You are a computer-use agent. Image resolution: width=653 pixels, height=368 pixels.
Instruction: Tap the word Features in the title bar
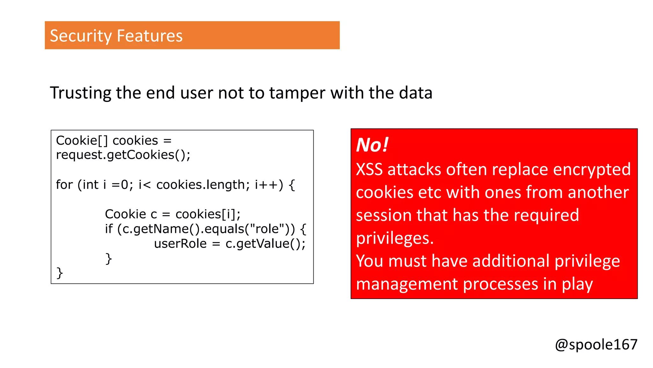coord(150,36)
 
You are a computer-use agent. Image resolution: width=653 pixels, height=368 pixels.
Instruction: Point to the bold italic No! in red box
coord(372,145)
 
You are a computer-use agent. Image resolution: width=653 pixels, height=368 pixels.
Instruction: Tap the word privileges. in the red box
coord(395,238)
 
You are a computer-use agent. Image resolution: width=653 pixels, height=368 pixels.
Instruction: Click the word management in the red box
coord(407,284)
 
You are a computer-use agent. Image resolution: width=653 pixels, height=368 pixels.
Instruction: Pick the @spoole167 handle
coord(596,345)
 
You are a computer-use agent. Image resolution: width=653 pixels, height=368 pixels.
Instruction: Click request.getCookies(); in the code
coord(123,155)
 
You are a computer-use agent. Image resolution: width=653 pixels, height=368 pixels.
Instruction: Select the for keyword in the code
coord(64,185)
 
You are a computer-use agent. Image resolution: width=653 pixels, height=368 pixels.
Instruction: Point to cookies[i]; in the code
coord(208,214)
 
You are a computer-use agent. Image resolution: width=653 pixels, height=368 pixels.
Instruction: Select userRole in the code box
coord(180,244)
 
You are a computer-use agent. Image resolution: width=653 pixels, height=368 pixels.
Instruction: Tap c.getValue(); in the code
coord(265,244)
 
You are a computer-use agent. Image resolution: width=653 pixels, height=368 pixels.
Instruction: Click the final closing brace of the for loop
coord(60,273)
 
